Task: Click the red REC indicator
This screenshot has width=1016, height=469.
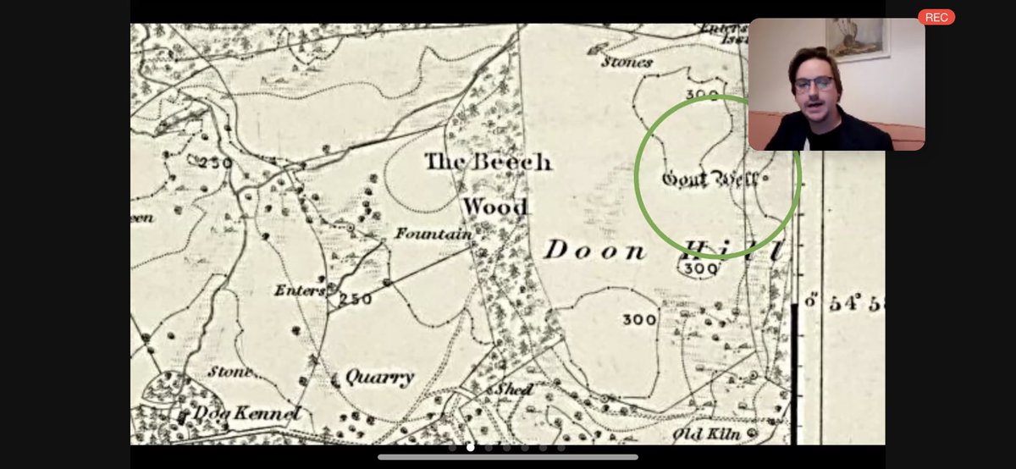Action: pyautogui.click(x=936, y=17)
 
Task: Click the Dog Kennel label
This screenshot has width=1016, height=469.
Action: pyautogui.click(x=246, y=414)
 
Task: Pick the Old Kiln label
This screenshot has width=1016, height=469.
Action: pyautogui.click(x=706, y=434)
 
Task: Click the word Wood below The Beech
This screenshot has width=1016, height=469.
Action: pyautogui.click(x=495, y=207)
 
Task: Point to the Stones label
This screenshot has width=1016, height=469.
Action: pyautogui.click(x=627, y=62)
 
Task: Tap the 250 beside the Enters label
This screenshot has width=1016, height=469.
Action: pyautogui.click(x=356, y=297)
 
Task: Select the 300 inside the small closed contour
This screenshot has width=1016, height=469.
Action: pyautogui.click(x=700, y=268)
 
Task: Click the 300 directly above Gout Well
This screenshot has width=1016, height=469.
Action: pyautogui.click(x=702, y=94)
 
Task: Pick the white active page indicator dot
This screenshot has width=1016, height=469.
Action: pyautogui.click(x=471, y=447)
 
